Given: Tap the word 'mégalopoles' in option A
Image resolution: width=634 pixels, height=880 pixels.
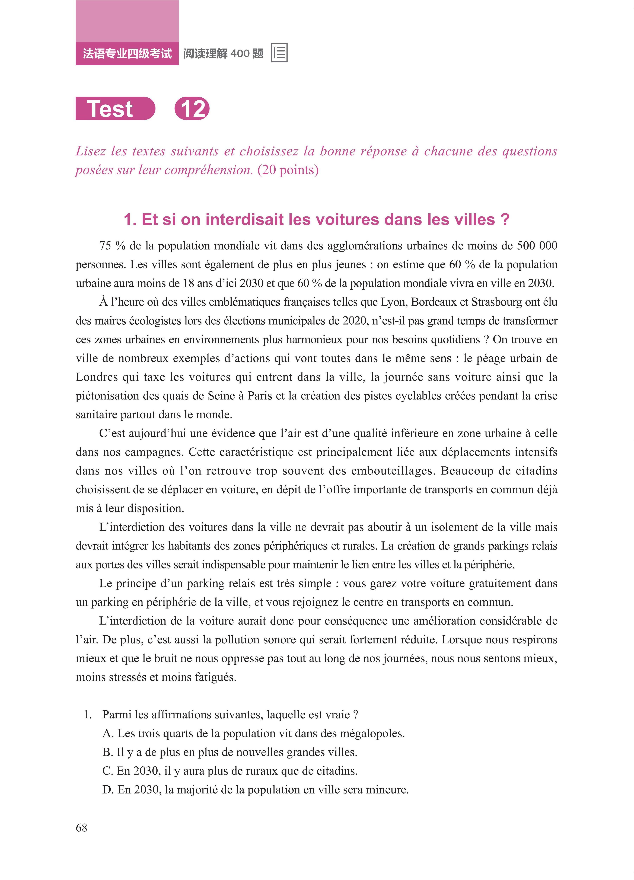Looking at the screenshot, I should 372,733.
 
